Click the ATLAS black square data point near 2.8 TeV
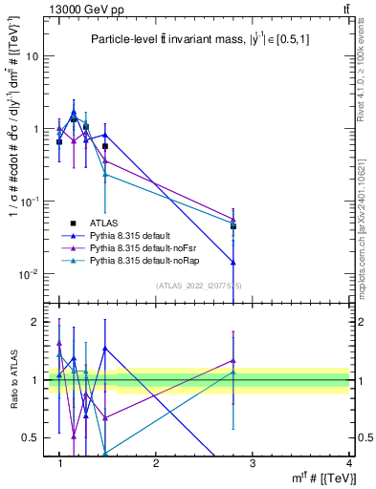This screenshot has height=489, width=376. (233, 226)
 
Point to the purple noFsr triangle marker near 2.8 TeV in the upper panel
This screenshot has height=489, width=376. (233, 219)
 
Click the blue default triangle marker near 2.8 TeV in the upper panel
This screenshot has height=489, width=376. (233, 262)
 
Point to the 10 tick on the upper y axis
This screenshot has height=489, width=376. (32, 55)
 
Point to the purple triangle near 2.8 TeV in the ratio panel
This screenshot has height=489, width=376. (233, 361)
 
